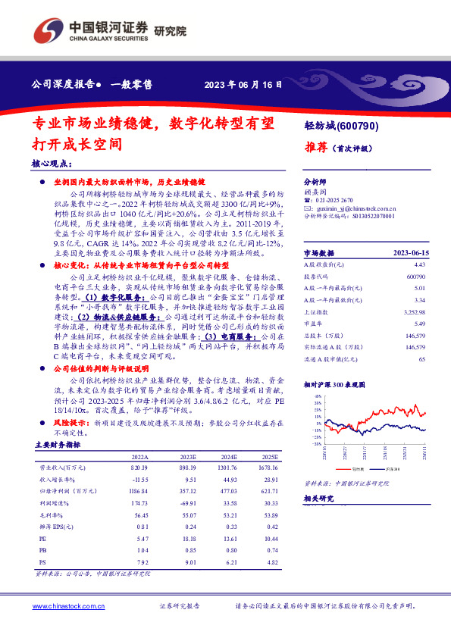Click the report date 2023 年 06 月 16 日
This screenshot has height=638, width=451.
pos(237,84)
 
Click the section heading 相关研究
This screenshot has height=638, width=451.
pos(318,499)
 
